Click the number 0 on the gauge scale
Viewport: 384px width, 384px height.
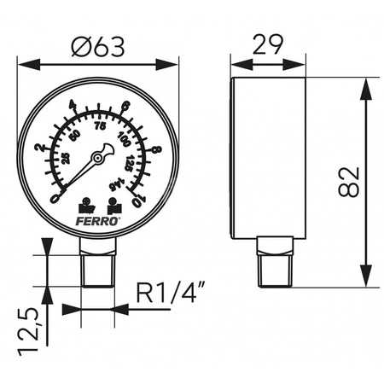(56, 198)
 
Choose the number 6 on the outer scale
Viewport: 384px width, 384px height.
(125, 107)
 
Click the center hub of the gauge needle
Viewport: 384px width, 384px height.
(99, 157)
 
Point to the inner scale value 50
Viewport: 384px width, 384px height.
(76, 136)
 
